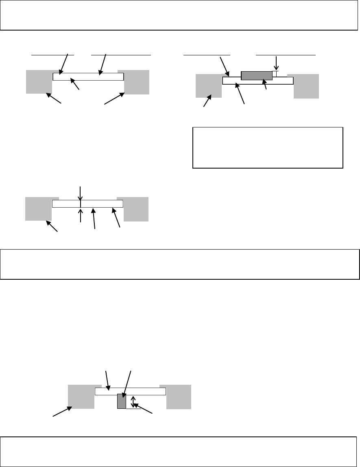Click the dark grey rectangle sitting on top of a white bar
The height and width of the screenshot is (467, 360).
point(257,75)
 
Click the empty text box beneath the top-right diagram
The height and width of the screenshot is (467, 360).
point(268,147)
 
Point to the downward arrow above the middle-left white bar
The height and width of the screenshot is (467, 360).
point(81,193)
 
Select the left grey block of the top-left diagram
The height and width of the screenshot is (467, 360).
point(39,82)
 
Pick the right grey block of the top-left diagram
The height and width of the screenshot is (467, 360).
point(137,82)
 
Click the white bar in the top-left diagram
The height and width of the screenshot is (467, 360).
point(88,77)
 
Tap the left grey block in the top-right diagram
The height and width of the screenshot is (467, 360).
point(209,86)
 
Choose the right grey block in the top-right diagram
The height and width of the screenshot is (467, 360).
point(306,86)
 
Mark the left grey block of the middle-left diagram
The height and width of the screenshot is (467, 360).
point(38,208)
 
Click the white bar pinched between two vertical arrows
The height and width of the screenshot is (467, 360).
point(102,204)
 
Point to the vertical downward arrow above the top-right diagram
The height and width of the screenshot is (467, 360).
point(276,63)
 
